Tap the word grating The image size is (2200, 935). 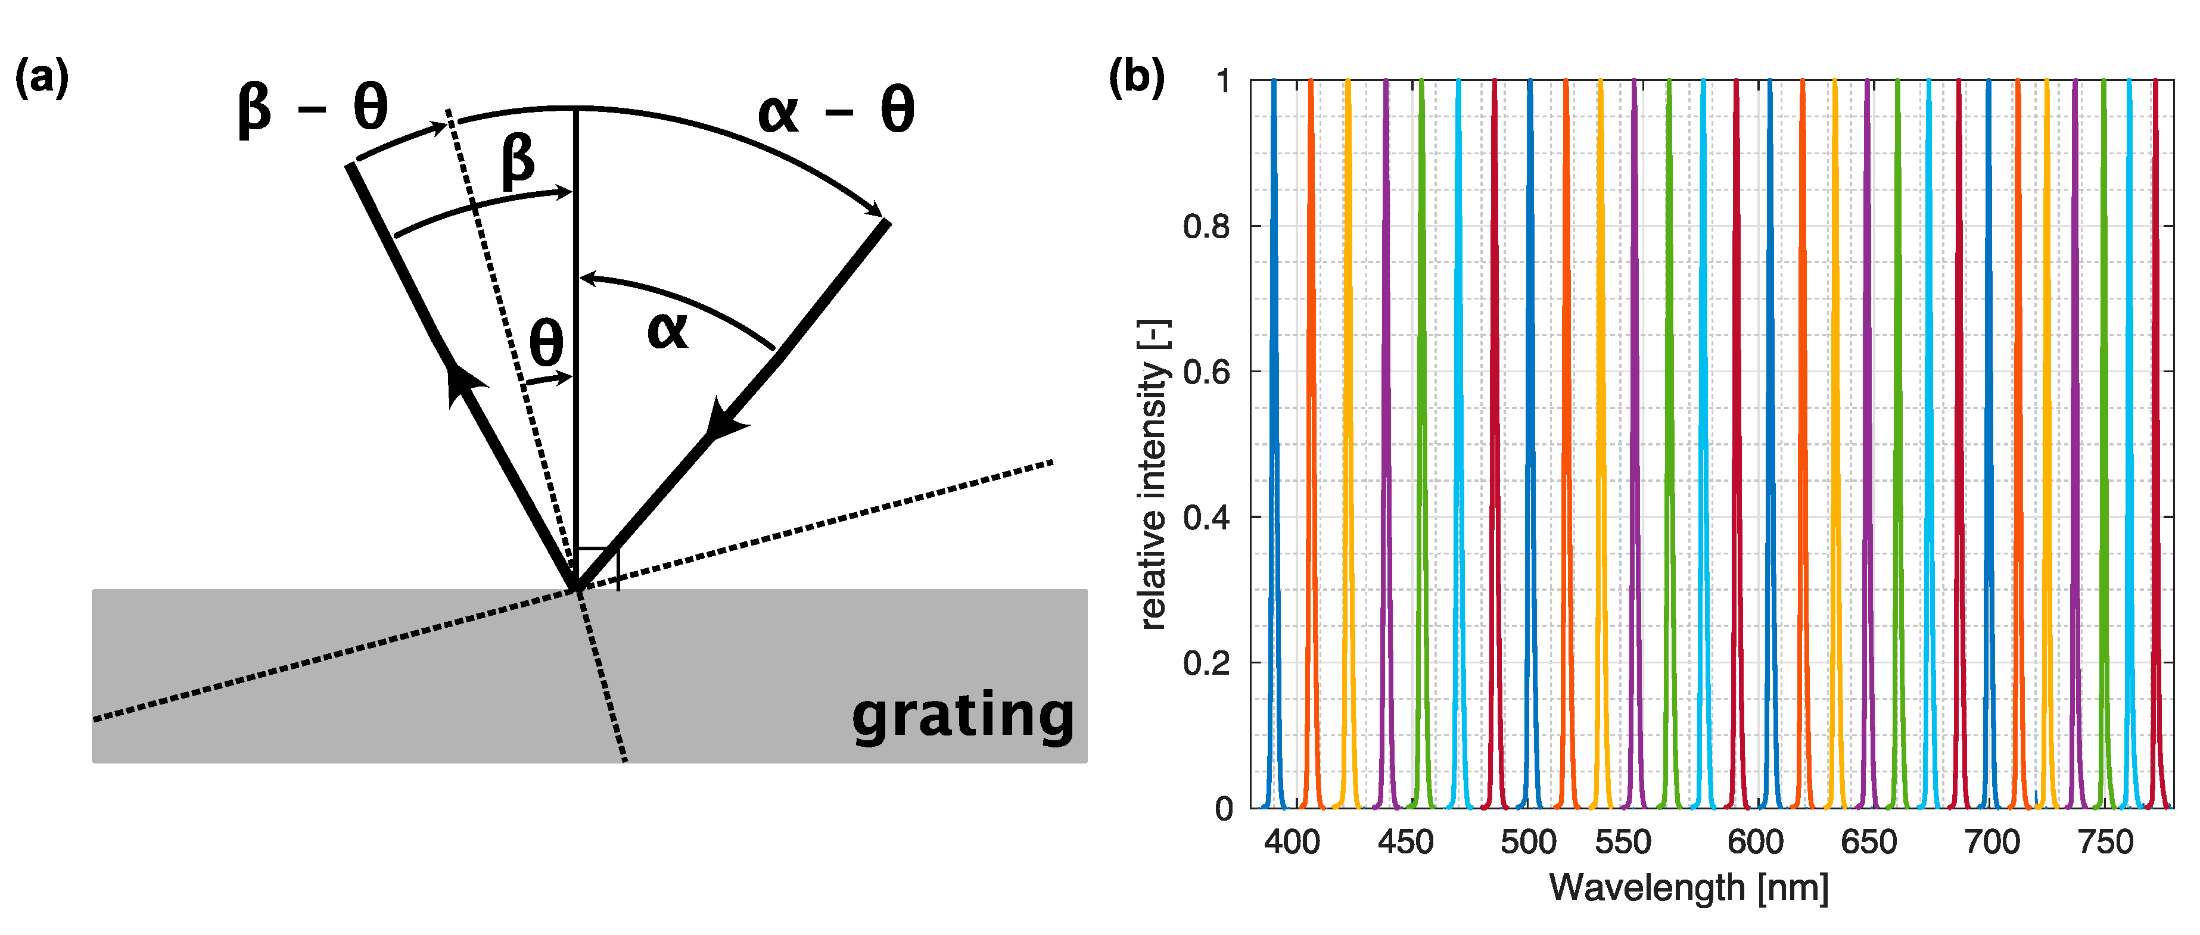pos(963,716)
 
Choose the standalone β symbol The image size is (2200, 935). pos(518,161)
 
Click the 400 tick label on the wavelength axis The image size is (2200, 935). pos(1292,843)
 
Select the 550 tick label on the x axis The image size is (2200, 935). pos(1623,843)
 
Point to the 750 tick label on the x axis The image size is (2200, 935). pos(2105,843)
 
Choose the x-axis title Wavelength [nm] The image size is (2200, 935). pos(1688,888)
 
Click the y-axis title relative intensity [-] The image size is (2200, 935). pos(1153,475)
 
